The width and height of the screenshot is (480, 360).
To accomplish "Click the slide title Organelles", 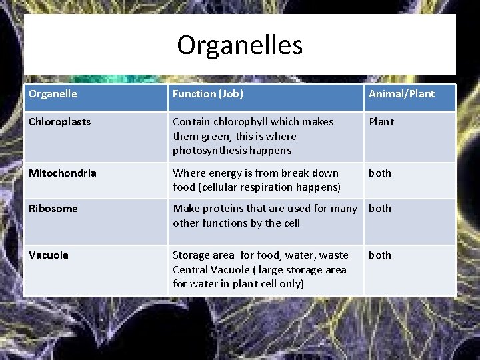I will (x=239, y=45).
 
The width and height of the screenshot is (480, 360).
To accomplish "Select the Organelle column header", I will (x=53, y=94).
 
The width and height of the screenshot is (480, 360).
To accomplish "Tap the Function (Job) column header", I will (x=208, y=94).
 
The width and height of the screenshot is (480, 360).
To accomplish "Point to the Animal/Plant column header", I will (x=401, y=94).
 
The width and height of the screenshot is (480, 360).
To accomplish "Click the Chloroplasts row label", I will (x=59, y=122).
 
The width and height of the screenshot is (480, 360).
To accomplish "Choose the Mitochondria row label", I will (x=62, y=173).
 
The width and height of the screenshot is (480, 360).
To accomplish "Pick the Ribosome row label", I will (x=53, y=209).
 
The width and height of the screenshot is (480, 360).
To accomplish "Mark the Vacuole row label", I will (x=48, y=255).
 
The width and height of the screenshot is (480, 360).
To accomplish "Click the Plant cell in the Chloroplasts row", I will (x=381, y=122).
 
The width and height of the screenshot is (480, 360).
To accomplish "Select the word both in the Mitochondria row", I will (x=380, y=173).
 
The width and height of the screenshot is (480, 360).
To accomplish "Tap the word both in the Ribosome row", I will (x=380, y=209).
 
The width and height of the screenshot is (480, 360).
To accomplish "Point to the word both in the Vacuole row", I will (x=380, y=255).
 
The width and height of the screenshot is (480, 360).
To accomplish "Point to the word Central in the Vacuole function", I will (x=191, y=269).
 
